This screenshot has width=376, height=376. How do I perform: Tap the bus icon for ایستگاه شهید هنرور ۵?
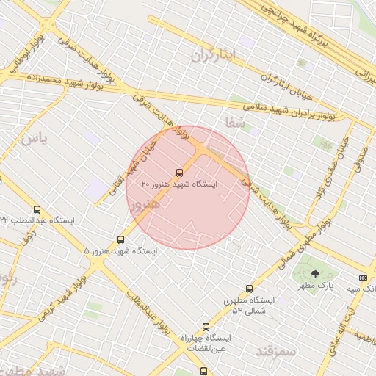121,239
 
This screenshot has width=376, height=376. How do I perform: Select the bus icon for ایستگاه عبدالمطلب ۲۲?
37,209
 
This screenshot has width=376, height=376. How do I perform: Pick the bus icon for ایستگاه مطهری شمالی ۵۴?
249,289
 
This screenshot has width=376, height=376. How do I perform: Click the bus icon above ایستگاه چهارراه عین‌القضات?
205,326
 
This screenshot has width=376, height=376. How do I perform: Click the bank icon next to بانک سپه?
362,278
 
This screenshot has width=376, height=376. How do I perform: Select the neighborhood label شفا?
236,123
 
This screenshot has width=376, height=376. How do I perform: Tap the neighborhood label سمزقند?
275,352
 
